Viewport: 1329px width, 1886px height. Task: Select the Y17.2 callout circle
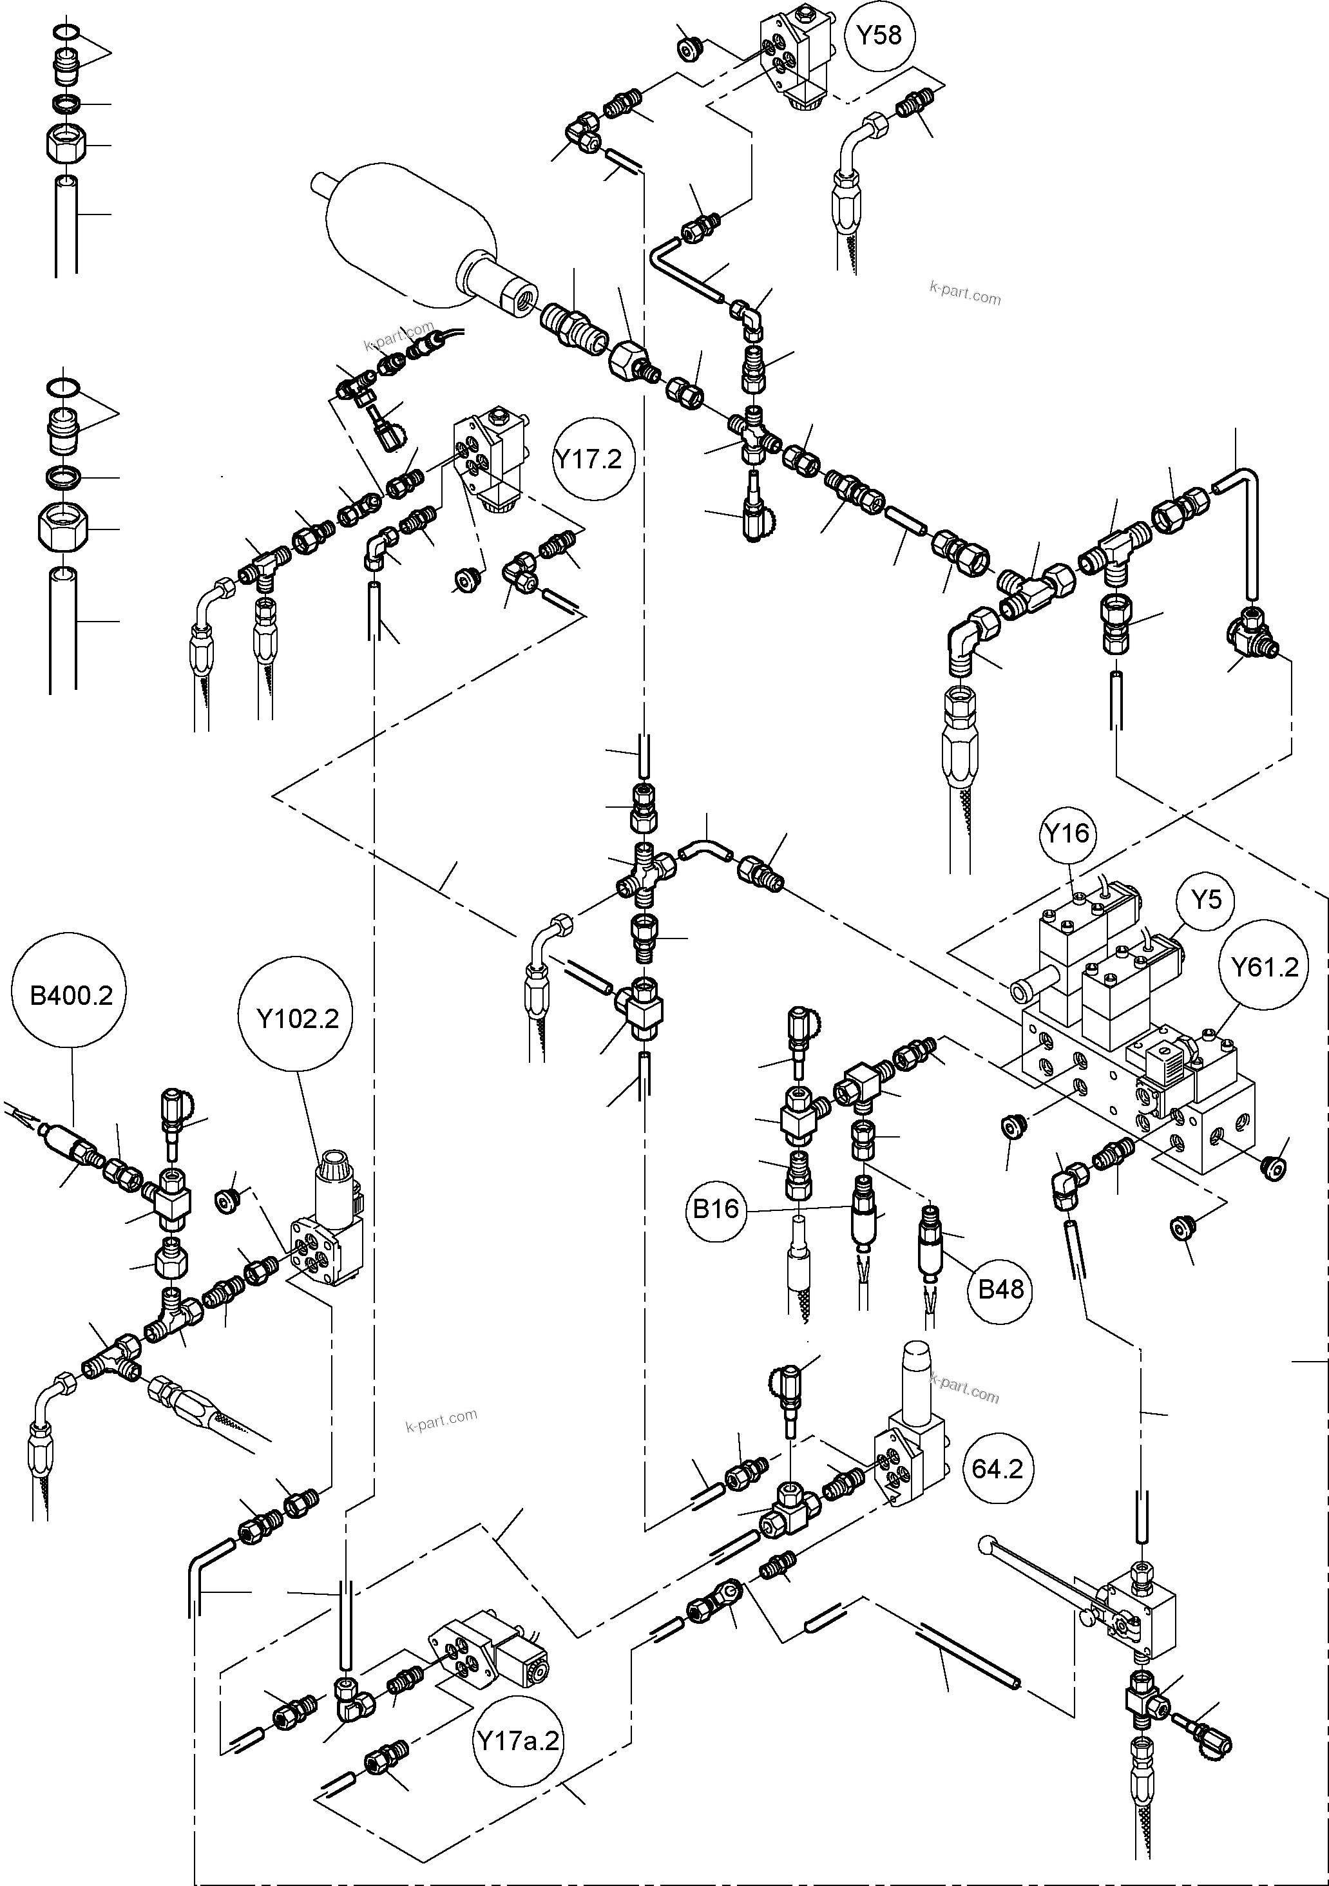click(588, 459)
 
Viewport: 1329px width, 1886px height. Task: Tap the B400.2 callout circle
click(72, 996)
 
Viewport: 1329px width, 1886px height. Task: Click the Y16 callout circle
click(1067, 833)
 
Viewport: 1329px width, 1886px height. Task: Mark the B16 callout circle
click(716, 1208)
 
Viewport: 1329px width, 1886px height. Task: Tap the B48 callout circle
click(1000, 1289)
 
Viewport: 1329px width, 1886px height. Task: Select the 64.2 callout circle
click(997, 1469)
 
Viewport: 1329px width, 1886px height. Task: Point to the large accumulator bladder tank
click(411, 234)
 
